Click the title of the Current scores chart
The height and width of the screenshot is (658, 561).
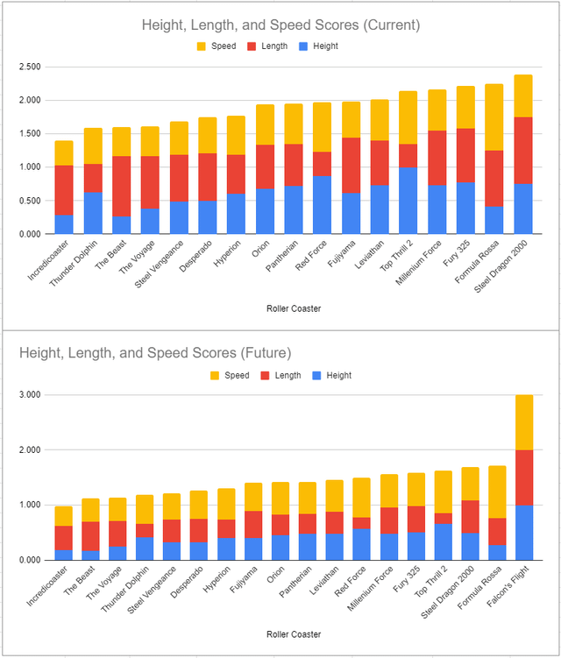tap(280, 25)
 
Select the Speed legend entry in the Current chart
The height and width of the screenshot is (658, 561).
tap(216, 46)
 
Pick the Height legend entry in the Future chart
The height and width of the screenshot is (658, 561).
tap(330, 375)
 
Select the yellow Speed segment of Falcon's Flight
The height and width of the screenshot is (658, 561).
tap(524, 422)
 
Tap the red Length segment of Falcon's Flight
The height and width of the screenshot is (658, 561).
tap(524, 478)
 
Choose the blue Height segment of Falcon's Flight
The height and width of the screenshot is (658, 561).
tap(524, 533)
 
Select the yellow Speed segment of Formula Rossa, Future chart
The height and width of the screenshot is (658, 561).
tap(495, 492)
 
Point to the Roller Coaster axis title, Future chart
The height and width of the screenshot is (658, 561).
tap(280, 634)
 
